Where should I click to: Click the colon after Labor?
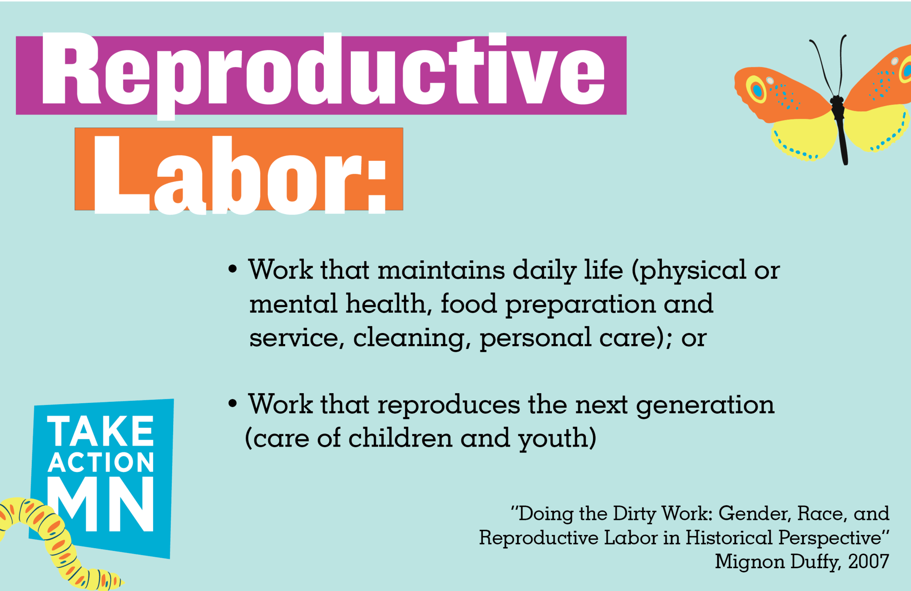click(377, 187)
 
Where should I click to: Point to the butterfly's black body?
click(839, 128)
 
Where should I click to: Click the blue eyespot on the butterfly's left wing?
click(757, 90)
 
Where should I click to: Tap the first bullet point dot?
click(233, 269)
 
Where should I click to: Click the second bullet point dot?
click(233, 403)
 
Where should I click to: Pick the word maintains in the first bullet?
click(441, 270)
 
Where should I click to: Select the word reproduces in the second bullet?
click(449, 405)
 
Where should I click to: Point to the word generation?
click(705, 405)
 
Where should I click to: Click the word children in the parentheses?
click(400, 438)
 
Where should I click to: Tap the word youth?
click(553, 439)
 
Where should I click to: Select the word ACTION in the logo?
click(101, 462)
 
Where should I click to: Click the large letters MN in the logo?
click(101, 504)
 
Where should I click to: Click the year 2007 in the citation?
click(868, 561)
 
